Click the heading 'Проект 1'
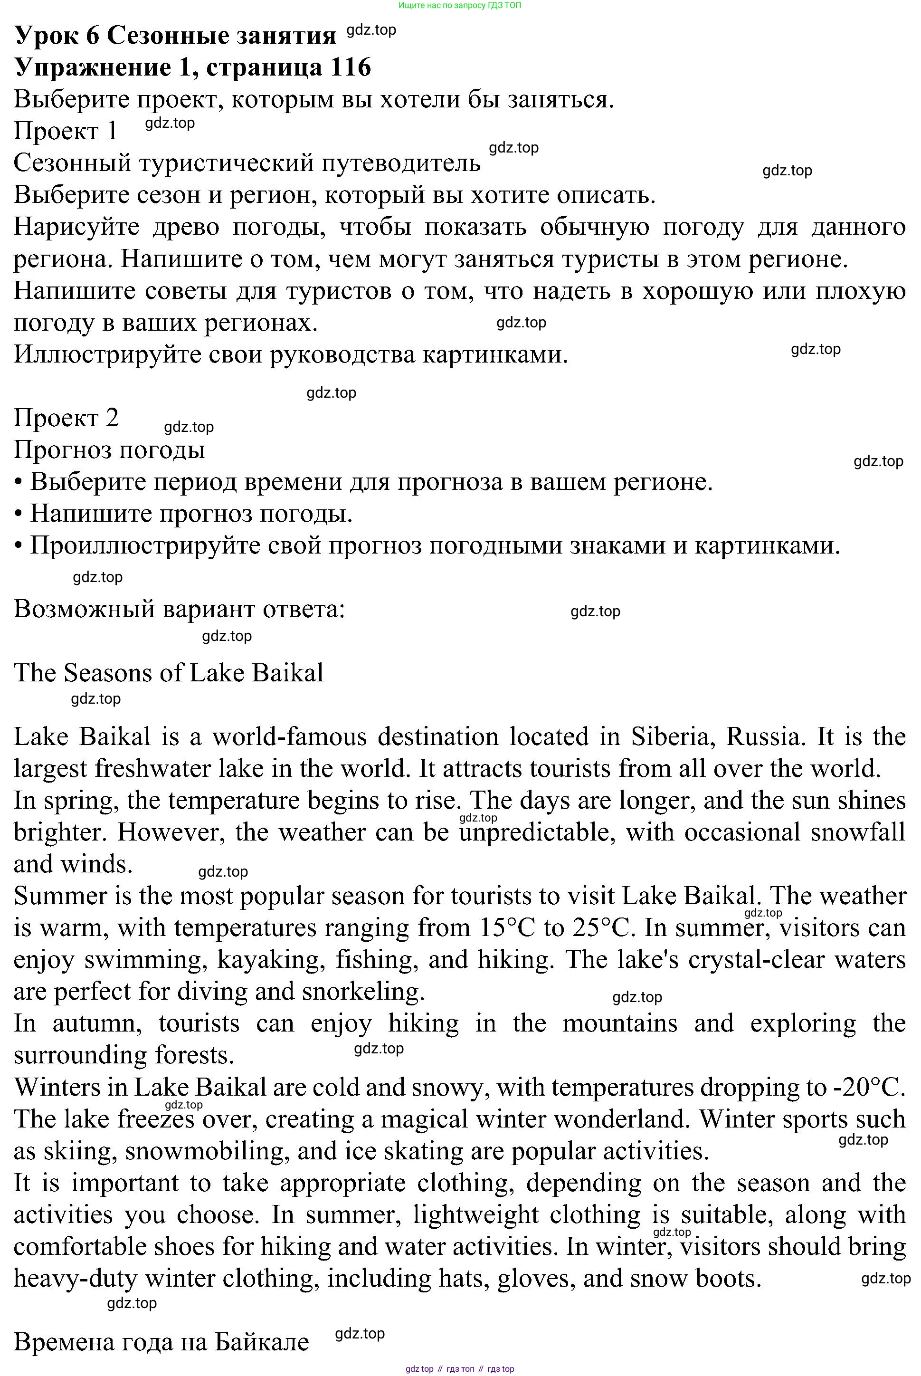pos(66,131)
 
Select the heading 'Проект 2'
pos(66,418)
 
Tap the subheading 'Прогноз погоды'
pos(109,450)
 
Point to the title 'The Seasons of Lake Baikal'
pos(169,673)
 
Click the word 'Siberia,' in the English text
pos(673,737)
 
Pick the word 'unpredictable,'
pos(536,832)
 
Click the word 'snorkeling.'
pos(363,992)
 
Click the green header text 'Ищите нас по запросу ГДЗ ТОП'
pos(459,5)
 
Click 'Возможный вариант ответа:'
pos(179,609)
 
